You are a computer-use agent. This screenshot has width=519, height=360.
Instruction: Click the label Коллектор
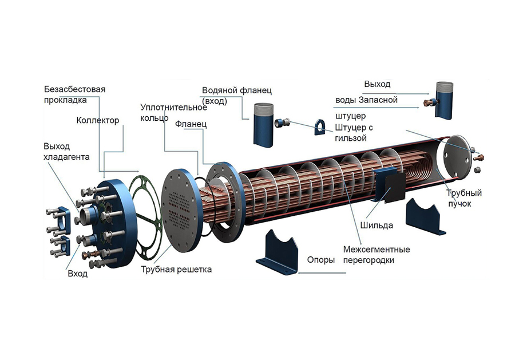click(98, 120)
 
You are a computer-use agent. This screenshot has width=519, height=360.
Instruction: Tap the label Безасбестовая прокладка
click(75, 94)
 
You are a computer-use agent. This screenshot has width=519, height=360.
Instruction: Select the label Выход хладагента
click(66, 151)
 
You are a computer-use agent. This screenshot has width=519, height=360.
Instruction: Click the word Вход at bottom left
click(77, 274)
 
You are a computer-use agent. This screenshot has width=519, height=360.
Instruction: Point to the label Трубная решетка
click(176, 269)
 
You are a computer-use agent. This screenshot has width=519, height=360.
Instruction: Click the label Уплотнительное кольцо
click(174, 113)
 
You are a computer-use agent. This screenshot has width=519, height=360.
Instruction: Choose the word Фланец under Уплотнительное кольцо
click(191, 124)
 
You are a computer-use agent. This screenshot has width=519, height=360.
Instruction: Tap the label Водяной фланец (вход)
click(237, 96)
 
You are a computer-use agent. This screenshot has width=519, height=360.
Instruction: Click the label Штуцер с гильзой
click(354, 132)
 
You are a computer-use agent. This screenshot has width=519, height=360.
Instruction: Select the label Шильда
click(377, 226)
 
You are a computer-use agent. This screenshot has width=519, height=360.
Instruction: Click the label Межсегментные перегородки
click(377, 255)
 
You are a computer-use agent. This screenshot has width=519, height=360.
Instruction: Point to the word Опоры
click(321, 260)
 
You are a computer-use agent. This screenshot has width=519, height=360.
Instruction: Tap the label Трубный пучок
click(463, 198)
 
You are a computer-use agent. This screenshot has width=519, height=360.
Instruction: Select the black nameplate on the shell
click(395, 188)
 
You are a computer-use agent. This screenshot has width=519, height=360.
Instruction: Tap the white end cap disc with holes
click(457, 158)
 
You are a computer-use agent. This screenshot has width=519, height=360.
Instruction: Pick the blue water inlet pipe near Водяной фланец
click(263, 125)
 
